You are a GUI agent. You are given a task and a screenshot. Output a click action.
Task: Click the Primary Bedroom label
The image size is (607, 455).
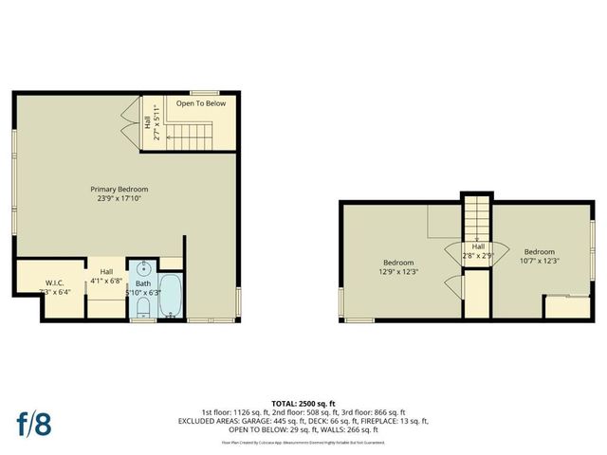pos(120,189)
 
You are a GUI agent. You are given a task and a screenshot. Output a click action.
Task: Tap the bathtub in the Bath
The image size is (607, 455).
pos(172,296)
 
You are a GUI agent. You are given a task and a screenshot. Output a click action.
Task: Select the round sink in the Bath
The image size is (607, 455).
pos(143,268)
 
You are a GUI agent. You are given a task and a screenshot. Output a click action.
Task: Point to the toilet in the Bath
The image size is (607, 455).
pos(142,304)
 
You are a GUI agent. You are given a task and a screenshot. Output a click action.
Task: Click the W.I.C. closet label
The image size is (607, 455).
pos(54,282)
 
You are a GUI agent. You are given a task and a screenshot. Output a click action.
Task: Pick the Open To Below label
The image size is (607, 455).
pos(201,102)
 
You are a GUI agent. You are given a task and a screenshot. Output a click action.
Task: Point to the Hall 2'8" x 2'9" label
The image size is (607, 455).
pos(478,251)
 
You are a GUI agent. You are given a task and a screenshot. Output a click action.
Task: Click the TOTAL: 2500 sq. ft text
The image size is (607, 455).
pos(303,403)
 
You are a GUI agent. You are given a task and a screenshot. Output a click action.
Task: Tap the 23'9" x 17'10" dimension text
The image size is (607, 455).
pos(120,198)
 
